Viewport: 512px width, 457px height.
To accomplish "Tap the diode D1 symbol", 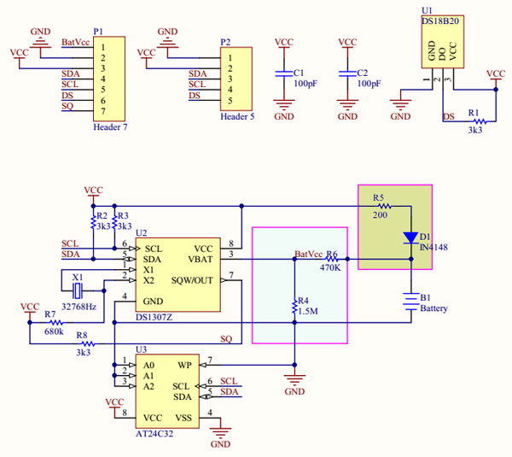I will click(x=411, y=237).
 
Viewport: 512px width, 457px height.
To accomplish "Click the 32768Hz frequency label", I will click(x=79, y=306).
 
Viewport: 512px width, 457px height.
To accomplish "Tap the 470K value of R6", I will click(x=331, y=267).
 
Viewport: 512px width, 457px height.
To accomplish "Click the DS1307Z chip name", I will click(x=154, y=317).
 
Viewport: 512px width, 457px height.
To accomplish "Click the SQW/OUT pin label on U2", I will click(x=192, y=280).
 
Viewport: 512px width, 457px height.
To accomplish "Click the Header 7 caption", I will click(x=110, y=126).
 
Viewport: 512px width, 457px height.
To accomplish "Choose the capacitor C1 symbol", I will click(x=282, y=74).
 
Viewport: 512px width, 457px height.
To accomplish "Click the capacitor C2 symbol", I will click(x=347, y=74).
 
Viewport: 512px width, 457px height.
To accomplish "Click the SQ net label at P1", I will click(x=67, y=107).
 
